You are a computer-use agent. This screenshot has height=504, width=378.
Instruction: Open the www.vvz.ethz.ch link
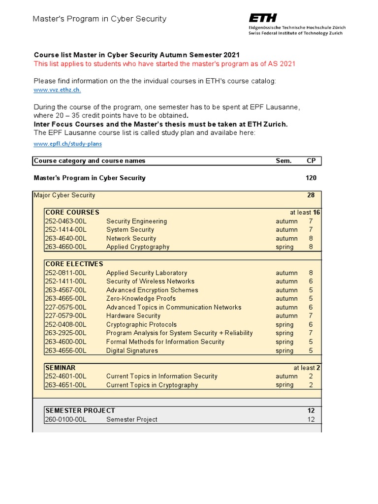[x=57, y=90]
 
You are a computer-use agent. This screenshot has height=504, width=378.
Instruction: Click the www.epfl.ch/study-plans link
[x=68, y=144]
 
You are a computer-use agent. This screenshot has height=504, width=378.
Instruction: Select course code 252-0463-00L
[x=66, y=221]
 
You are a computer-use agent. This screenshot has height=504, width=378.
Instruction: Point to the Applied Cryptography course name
[x=138, y=247]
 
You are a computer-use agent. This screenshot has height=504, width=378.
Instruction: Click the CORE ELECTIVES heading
[x=74, y=264]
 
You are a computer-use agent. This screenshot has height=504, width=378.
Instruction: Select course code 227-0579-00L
[x=66, y=316]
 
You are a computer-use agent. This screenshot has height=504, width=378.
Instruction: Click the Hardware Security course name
[x=133, y=316]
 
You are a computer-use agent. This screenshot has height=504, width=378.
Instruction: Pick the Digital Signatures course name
[x=132, y=350]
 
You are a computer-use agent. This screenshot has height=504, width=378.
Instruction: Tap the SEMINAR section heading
[x=61, y=367]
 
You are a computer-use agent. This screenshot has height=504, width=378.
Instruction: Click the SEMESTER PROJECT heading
[x=80, y=410]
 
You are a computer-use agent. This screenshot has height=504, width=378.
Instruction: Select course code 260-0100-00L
[x=66, y=419]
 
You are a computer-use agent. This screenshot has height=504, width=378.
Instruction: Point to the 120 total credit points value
[x=311, y=178]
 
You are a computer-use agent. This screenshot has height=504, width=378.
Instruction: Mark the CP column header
[x=311, y=160]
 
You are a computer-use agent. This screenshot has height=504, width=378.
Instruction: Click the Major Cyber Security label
[x=64, y=195]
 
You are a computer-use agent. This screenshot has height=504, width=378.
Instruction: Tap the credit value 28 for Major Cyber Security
[x=311, y=195]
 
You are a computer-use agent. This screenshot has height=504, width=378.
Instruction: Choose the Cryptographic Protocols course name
[x=141, y=325]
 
